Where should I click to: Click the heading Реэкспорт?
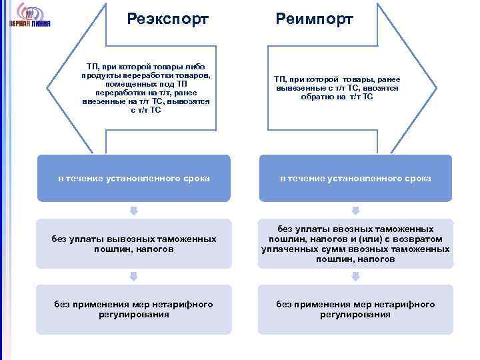pos(167,18)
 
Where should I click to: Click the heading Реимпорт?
pos(315,18)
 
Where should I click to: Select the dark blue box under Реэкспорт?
pos(133,178)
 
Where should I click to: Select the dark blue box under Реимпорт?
pos(355,178)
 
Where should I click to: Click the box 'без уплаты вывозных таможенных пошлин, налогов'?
pos(133,243)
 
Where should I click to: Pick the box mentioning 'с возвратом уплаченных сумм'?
pos(355,243)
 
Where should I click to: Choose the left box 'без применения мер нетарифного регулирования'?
pos(133,309)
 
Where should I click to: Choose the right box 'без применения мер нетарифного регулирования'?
pos(355,309)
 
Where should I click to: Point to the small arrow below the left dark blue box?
pos(133,211)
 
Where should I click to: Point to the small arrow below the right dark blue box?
pos(355,211)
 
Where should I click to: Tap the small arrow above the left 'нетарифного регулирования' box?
pos(133,276)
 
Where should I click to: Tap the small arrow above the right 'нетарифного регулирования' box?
pos(355,276)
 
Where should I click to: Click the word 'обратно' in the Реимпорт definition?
pos(324,97)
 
